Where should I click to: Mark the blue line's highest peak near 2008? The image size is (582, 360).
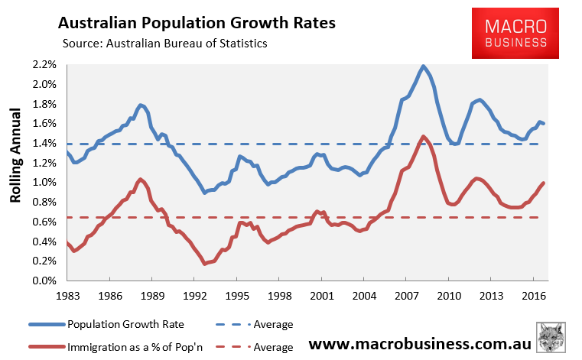point(424,66)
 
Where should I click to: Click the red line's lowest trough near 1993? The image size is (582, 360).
point(206,264)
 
